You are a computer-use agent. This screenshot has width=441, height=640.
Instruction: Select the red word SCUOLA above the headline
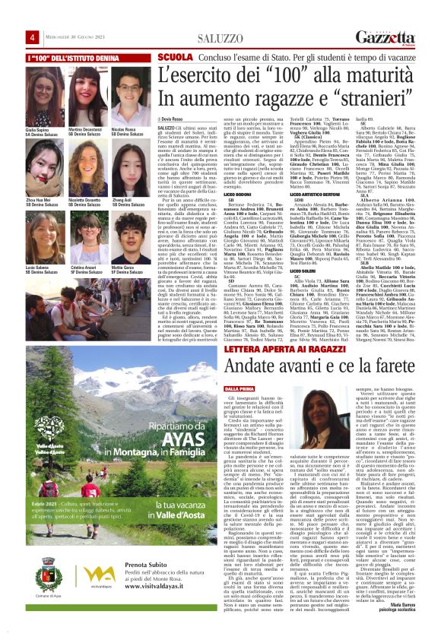pyautogui.click(x=174, y=58)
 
